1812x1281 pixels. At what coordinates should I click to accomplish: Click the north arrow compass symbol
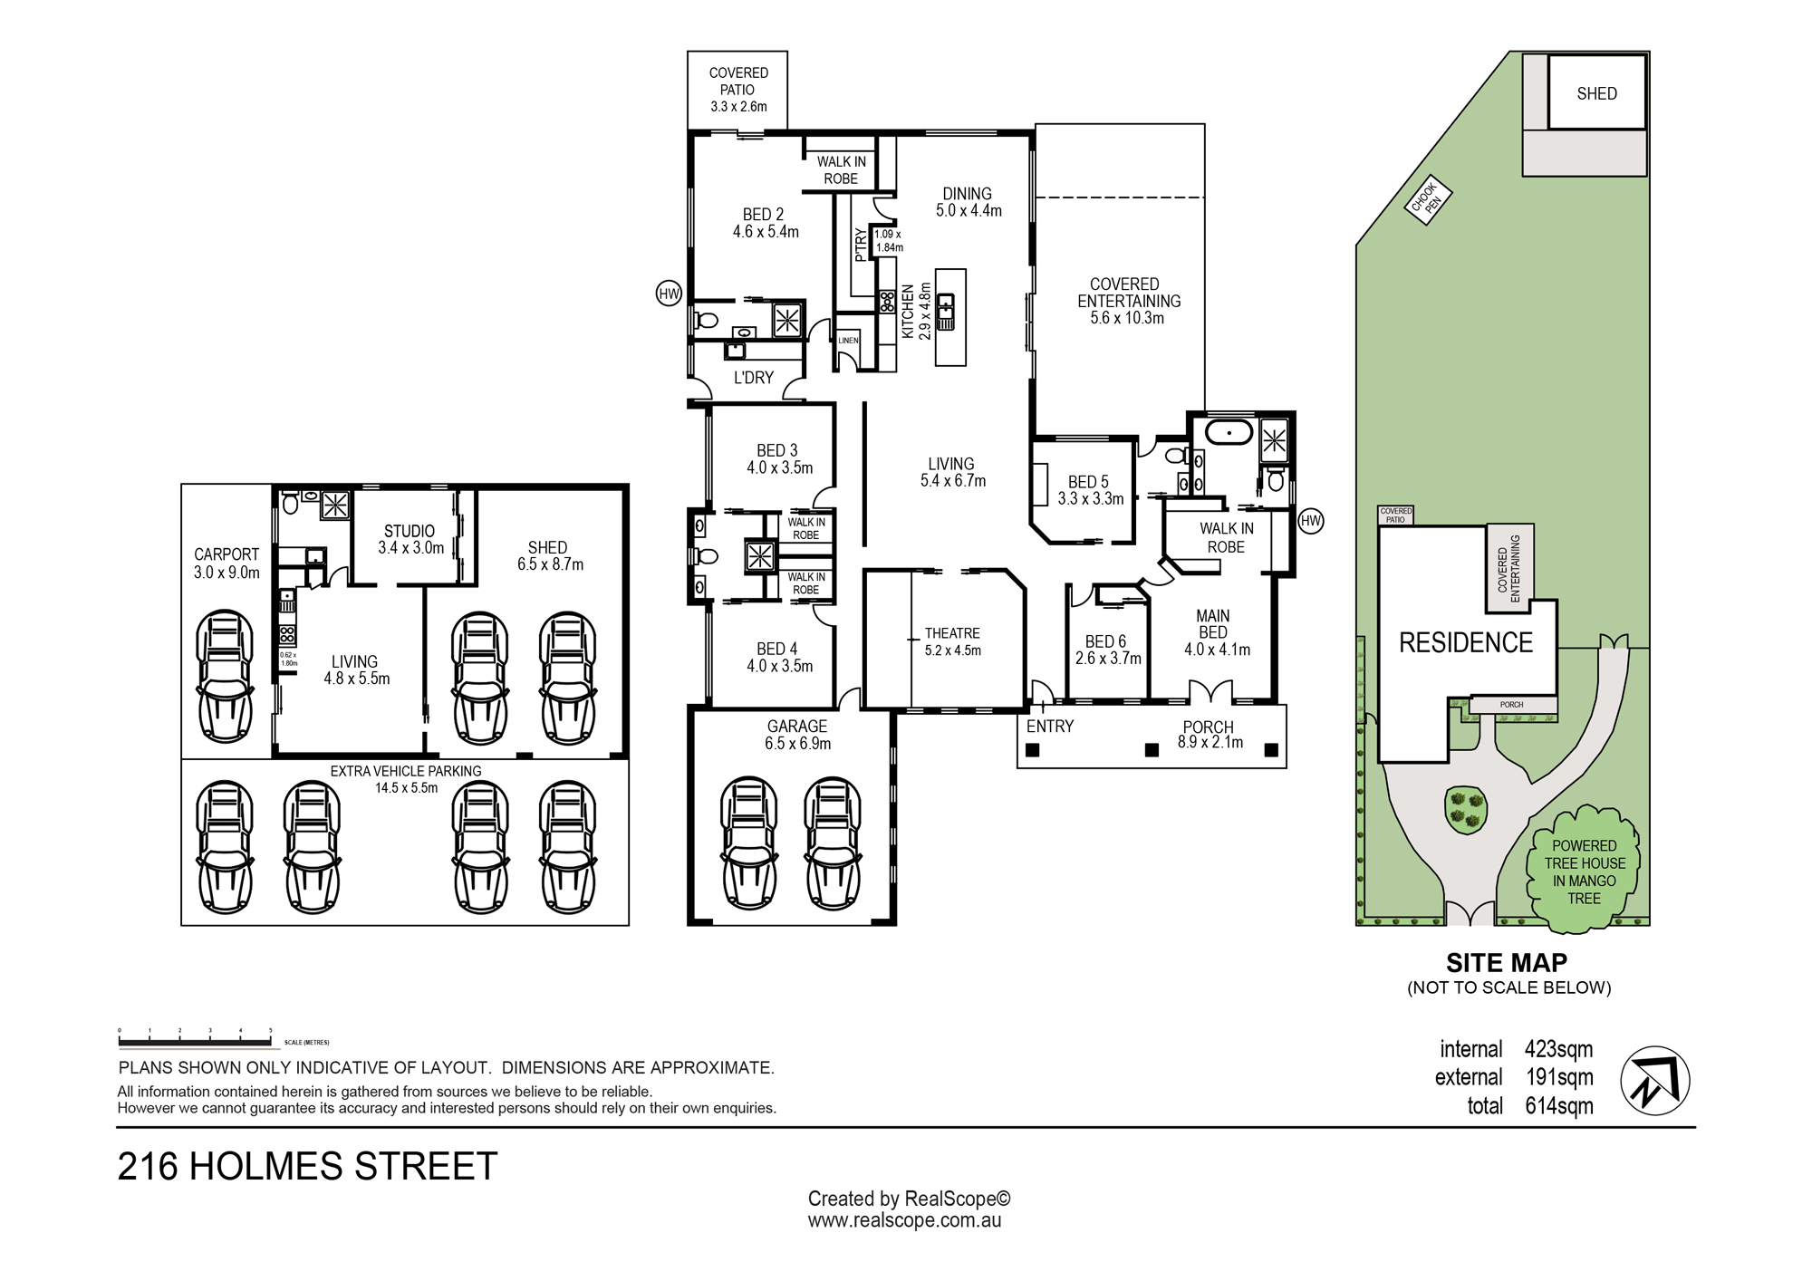pos(1654,1081)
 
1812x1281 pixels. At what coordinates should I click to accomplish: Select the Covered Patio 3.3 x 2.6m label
pos(738,90)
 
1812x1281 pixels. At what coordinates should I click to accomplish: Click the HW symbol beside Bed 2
pos(669,294)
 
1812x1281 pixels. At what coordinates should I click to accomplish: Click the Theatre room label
pos(952,641)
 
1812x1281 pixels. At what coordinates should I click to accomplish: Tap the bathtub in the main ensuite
pos(1229,432)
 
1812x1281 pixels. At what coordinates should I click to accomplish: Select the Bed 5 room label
pos(1090,490)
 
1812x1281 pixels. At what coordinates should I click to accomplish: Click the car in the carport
pos(225,677)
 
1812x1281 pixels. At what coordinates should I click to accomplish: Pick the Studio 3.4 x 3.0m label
pos(410,539)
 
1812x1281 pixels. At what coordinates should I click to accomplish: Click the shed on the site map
pos(1596,92)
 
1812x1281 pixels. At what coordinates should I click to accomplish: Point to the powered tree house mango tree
pos(1584,871)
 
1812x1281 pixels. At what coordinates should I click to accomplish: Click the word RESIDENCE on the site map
pos(1466,642)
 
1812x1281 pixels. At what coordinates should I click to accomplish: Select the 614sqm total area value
pos(1558,1106)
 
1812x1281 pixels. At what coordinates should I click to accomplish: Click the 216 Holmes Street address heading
pos(308,1166)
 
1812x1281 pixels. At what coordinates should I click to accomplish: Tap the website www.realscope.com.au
pos(904,1220)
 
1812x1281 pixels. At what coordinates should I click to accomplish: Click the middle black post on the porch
pos(1152,750)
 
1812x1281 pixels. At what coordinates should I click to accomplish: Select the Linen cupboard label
pos(848,341)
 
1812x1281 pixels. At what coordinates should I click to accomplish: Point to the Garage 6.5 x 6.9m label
pos(797,735)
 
